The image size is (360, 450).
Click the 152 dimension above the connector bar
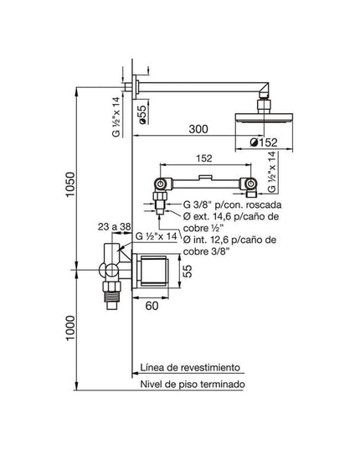tap(203, 157)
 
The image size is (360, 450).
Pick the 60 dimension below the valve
tap(152, 307)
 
